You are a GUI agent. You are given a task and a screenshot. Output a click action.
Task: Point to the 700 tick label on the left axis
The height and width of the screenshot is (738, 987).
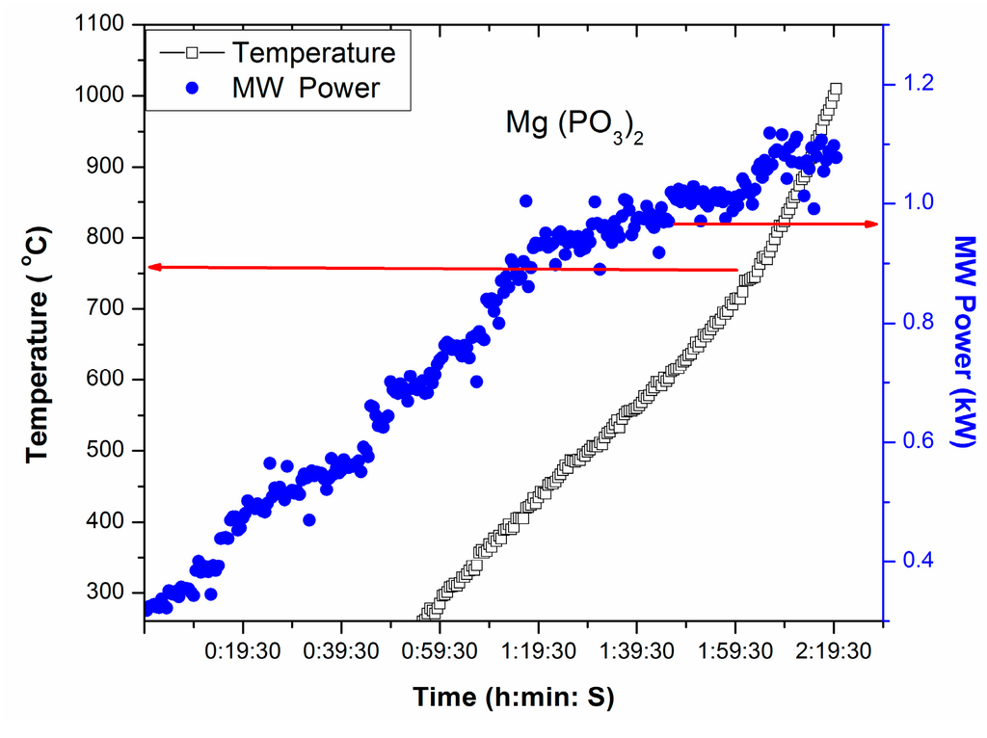(x=109, y=308)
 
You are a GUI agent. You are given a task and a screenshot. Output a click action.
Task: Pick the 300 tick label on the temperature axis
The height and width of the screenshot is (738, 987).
(x=109, y=593)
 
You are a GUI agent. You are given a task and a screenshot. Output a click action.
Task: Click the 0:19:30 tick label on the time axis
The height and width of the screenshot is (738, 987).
(x=242, y=650)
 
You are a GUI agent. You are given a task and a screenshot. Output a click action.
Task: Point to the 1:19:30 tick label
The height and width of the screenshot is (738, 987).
(x=537, y=650)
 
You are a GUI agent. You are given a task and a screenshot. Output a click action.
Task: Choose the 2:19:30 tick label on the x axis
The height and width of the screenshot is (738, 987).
(x=834, y=650)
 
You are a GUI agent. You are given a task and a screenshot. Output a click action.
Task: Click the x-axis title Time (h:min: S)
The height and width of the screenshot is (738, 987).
(x=515, y=697)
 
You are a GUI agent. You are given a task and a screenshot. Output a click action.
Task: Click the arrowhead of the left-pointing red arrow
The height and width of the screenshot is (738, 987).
(x=151, y=267)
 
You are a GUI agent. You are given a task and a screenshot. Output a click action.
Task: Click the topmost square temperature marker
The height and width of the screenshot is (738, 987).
(x=835, y=89)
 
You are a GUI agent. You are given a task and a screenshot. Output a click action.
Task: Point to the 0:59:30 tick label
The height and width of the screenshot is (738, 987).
(x=439, y=650)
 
